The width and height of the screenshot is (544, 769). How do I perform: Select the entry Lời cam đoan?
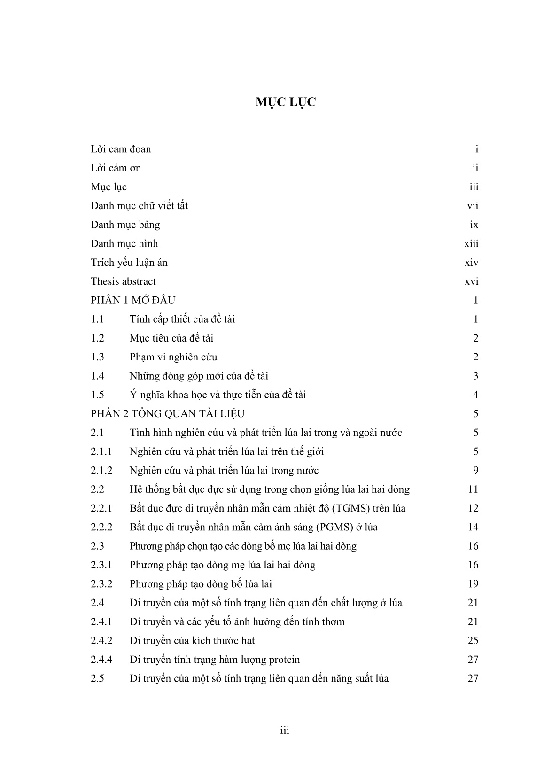click(x=121, y=149)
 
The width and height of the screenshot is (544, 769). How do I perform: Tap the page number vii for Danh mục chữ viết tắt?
click(x=473, y=206)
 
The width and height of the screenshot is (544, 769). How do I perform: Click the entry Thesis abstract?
click(x=123, y=281)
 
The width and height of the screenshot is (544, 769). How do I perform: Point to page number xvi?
click(x=471, y=281)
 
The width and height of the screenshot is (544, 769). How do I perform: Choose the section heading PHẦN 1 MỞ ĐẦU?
click(x=133, y=300)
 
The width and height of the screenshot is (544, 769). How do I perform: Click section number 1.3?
click(x=97, y=357)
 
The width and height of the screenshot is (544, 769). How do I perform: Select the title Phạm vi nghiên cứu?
click(x=173, y=357)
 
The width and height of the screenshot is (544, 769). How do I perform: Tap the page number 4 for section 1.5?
click(x=475, y=395)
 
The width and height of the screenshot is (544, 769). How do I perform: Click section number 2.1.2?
click(x=101, y=470)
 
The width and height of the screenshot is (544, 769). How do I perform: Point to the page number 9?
click(x=475, y=470)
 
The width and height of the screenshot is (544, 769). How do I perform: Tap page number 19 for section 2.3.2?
click(x=473, y=584)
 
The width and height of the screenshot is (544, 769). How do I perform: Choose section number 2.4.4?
click(x=101, y=660)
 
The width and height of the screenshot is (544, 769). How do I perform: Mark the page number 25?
click(x=473, y=641)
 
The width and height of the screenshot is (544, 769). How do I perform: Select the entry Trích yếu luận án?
click(x=129, y=263)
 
